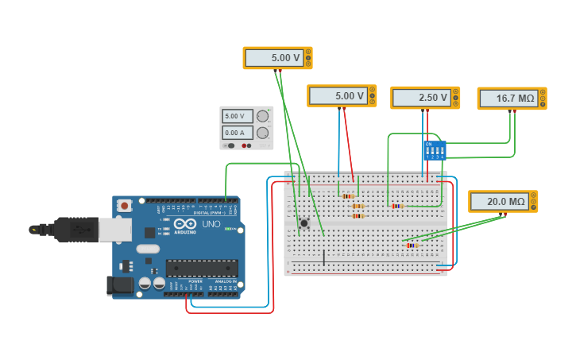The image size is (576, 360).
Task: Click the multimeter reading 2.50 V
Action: point(424,98)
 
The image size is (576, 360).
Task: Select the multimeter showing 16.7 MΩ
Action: point(511,99)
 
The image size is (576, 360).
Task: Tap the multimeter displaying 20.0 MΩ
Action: point(502,202)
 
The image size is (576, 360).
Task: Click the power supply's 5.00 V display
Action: point(237,116)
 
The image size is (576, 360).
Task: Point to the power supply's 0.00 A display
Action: point(237,133)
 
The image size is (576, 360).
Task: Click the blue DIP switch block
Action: point(434,150)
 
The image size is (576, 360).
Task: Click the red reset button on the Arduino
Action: point(125,205)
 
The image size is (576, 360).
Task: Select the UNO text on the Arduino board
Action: point(211,224)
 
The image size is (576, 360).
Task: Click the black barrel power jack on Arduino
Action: point(119,285)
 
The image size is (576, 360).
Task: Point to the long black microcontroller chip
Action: point(202,268)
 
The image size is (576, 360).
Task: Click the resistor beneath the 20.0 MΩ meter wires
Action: point(412,246)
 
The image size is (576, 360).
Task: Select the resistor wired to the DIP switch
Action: point(396,206)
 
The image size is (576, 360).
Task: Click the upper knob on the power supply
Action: point(262,116)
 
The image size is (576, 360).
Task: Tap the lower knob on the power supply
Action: point(262,133)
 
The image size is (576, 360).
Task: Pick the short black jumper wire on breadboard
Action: point(323,257)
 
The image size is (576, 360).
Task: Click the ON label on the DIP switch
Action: point(428,144)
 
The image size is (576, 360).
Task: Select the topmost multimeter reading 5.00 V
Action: point(277,58)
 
